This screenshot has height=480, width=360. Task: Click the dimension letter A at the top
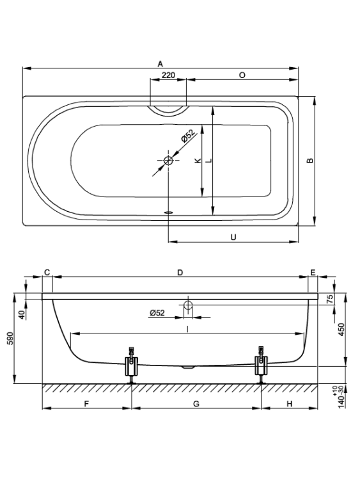pos(160,64)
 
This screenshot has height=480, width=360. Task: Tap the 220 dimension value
pos(168,75)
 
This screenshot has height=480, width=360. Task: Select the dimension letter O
pos(242,75)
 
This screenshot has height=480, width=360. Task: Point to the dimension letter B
pos(310,160)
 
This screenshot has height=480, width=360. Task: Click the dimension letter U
pos(233,237)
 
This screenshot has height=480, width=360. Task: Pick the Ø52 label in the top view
pos(188,136)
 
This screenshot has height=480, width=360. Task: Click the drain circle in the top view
pos(168,160)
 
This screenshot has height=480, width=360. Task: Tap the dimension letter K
pos(198,160)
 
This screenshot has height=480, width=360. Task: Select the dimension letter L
pos(209,160)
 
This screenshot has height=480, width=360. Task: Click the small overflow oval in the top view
pos(169,212)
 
